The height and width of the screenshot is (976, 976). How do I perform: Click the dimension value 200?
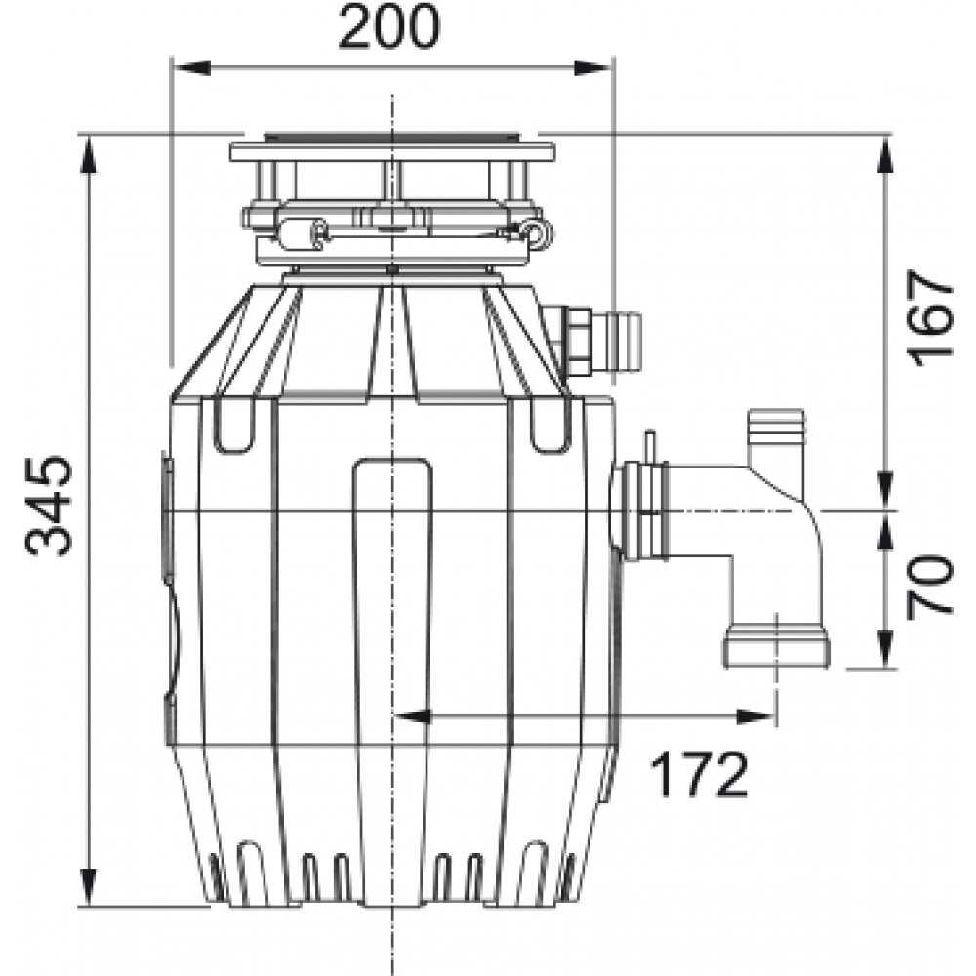coord(388,29)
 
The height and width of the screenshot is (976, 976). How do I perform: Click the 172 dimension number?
coord(699,776)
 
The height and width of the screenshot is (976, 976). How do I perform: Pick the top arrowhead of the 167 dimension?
coord(885,146)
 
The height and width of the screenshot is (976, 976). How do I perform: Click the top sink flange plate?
coord(392,151)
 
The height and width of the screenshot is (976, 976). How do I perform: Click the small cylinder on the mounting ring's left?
coord(299,231)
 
